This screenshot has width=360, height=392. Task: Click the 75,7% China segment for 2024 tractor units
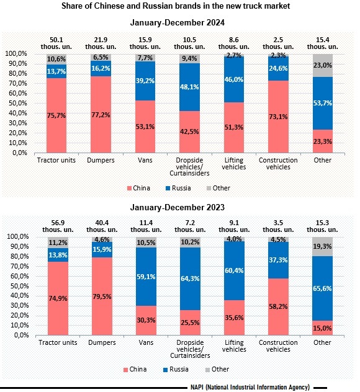click(x=56, y=115)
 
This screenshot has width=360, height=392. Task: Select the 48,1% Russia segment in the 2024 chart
click(x=190, y=87)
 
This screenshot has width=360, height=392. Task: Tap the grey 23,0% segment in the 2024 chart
click(x=323, y=65)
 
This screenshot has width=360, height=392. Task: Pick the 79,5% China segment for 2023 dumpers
click(x=102, y=296)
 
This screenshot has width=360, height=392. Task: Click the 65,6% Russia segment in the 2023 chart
click(x=322, y=288)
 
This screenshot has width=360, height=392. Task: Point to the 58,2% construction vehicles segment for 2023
click(x=278, y=307)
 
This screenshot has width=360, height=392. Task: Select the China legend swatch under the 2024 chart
click(x=129, y=189)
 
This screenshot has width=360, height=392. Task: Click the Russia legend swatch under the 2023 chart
click(x=165, y=370)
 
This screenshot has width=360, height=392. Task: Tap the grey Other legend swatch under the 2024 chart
click(x=209, y=189)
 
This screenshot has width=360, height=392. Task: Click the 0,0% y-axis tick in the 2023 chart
click(x=22, y=336)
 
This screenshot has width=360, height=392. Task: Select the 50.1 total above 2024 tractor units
click(x=56, y=40)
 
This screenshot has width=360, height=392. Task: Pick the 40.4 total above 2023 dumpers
click(x=102, y=223)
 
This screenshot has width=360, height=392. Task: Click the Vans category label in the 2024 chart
click(x=145, y=160)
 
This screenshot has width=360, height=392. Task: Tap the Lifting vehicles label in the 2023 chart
click(x=234, y=345)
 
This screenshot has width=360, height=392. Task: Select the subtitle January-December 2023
click(x=178, y=208)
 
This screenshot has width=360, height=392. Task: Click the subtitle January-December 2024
click(x=178, y=23)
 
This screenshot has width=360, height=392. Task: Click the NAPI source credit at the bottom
click(x=250, y=387)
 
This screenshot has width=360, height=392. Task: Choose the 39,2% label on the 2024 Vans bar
click(x=145, y=81)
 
